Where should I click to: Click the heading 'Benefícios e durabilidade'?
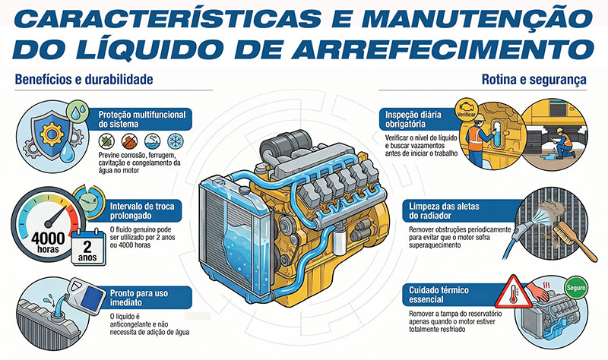tap(84, 80)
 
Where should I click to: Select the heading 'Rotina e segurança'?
tap(534, 80)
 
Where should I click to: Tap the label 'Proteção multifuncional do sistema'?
tap(142, 119)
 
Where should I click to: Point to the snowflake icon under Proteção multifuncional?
tap(176, 141)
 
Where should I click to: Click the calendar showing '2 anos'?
tap(88, 248)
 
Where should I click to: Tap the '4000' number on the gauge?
tap(48, 238)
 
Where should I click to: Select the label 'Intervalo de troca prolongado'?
tap(142, 211)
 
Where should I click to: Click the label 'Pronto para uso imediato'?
tap(139, 298)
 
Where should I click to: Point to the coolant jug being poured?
tap(87, 296)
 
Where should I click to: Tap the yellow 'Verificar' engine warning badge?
tap(466, 109)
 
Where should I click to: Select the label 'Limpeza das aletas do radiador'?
tap(444, 211)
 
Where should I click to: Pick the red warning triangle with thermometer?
tap(514, 292)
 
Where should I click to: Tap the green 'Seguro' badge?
tap(576, 288)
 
